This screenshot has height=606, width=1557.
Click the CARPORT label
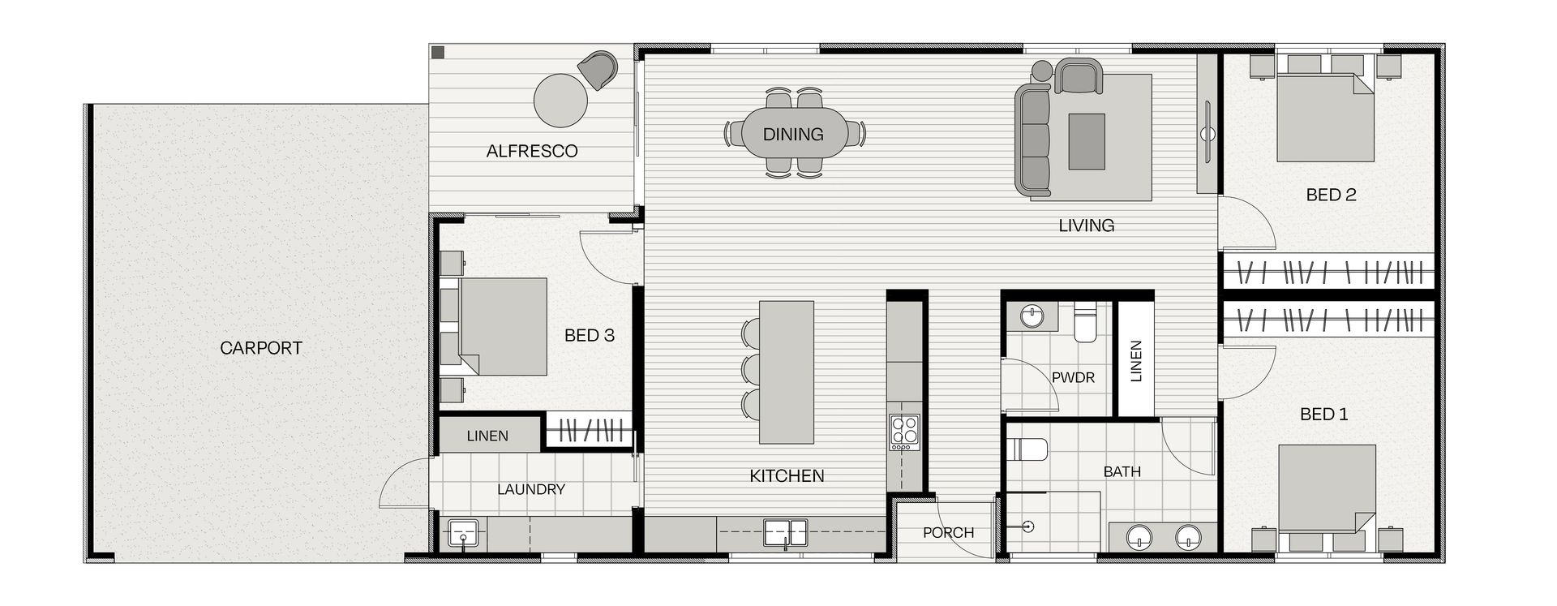tap(261, 348)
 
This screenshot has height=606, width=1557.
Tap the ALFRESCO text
tap(532, 151)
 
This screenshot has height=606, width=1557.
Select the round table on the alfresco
tap(560, 101)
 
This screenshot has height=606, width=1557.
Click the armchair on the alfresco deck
tap(599, 68)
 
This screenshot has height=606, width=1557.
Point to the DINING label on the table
tap(793, 134)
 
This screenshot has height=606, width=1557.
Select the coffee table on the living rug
tap(1087, 141)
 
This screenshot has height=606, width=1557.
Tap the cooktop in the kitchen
tap(904, 432)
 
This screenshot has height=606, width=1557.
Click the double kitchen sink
tap(786, 533)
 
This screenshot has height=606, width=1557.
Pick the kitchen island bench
tap(786, 372)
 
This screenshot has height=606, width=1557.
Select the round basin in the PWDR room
tap(1032, 316)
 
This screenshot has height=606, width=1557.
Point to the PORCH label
tap(948, 533)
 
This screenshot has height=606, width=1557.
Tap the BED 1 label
tap(1323, 415)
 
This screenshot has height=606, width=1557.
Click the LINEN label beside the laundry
tap(487, 436)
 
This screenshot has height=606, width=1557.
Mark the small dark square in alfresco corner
tap(438, 53)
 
